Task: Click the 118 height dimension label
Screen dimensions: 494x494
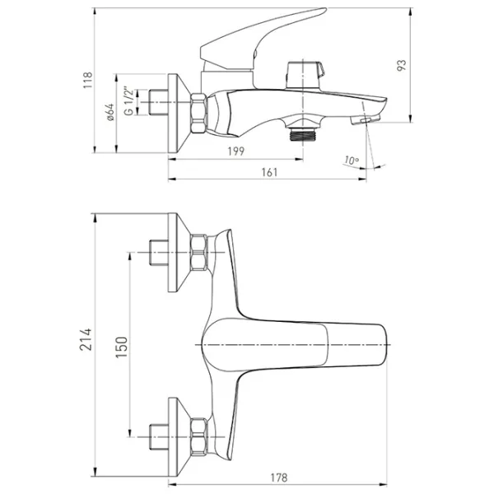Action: [x=87, y=80]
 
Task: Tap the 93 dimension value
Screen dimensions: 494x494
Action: [x=402, y=65]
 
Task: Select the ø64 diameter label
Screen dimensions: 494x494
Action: [x=110, y=112]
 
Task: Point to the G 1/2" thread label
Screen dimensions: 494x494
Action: [x=128, y=100]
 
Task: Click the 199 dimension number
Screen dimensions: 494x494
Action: [x=236, y=151]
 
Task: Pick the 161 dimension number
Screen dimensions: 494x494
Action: [x=270, y=172]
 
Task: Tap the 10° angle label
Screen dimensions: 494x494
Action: [x=351, y=161]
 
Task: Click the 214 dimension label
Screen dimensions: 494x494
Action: [x=86, y=339]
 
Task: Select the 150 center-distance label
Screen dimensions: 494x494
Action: [x=122, y=347]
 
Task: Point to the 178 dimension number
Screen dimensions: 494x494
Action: [x=279, y=478]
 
